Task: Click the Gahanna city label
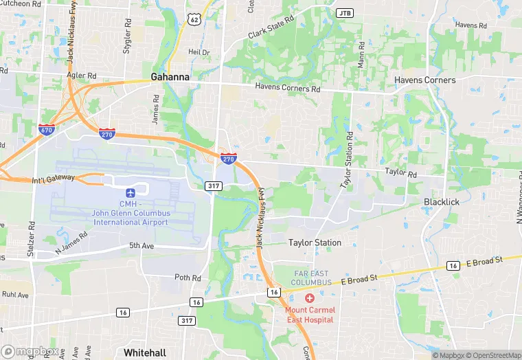170,77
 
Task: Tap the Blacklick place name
442,202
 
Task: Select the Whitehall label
145,352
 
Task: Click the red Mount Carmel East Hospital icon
309,298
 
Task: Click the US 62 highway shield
195,20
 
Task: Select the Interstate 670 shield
47,130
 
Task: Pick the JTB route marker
344,13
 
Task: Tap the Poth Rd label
187,278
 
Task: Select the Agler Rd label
81,76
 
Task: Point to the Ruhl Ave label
14,295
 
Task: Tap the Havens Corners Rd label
288,88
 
